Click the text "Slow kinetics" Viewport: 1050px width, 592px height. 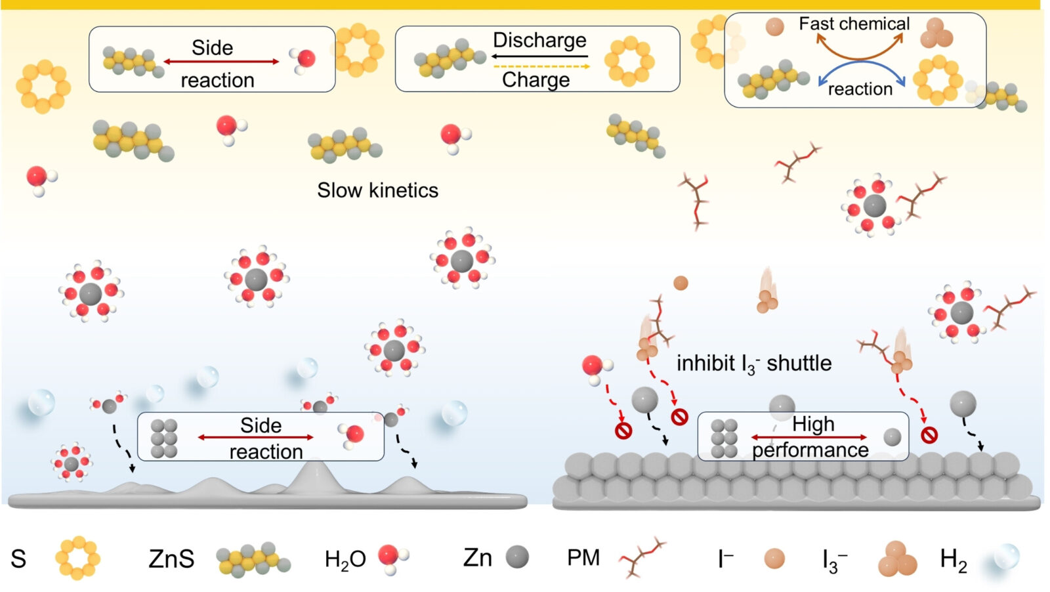click(x=377, y=190)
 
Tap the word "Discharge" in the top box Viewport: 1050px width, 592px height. click(x=539, y=40)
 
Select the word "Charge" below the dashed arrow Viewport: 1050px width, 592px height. click(x=535, y=79)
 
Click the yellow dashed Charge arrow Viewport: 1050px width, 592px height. click(x=541, y=66)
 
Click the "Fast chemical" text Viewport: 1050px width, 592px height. click(x=854, y=24)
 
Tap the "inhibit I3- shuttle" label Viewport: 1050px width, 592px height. click(x=754, y=363)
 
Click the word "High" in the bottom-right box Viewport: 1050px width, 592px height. click(x=813, y=424)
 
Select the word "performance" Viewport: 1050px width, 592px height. click(x=810, y=450)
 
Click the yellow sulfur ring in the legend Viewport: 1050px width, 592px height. click(x=77, y=559)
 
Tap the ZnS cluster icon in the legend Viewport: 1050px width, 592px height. click(x=253, y=559)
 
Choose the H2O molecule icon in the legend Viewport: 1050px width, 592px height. click(x=392, y=559)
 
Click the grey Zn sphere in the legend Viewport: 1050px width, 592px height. click(x=517, y=557)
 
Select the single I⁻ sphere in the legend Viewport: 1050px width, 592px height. click(x=774, y=559)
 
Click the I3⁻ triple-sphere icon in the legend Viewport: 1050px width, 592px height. click(x=897, y=559)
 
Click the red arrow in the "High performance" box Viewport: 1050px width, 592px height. click(x=809, y=437)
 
